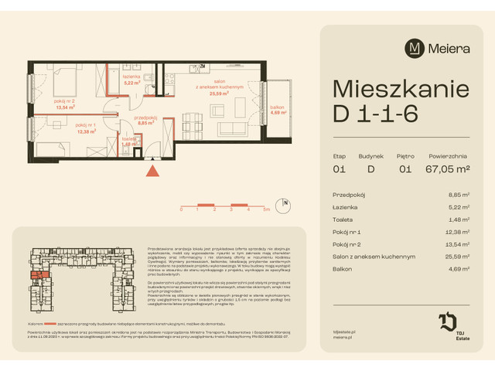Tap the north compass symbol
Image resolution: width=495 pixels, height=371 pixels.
tap(285, 205)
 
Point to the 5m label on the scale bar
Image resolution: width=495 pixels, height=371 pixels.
tap(265, 209)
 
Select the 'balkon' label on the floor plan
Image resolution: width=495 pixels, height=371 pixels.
tap(278, 107)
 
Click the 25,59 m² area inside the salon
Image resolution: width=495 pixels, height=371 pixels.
tap(230, 94)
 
